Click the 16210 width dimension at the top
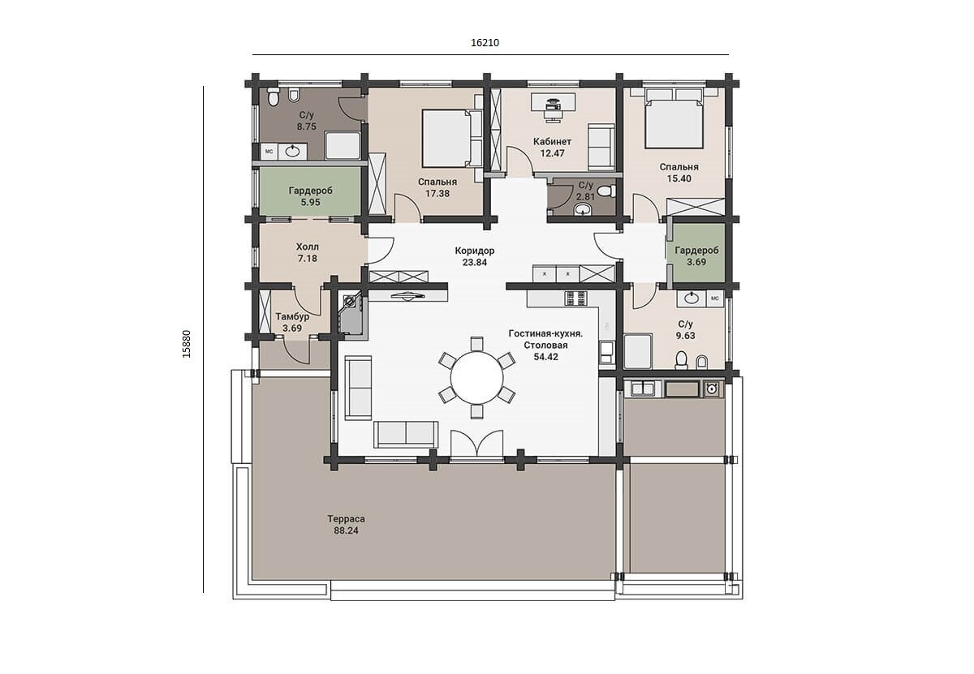pos(485,43)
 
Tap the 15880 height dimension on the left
pos(187,344)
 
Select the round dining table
pos(476,378)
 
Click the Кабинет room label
pos(552,142)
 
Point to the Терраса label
pos(346,519)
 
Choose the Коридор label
pos(474,251)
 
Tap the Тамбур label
pos(292,317)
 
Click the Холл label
pos(308,247)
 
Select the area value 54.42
pos(545,357)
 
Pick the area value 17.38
pos(437,194)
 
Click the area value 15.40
pos(679,178)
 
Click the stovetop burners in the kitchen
pos(575,298)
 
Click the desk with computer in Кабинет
pos(553,105)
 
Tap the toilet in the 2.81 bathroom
pos(606,191)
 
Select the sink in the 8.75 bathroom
pos(292,151)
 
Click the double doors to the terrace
pos(477,443)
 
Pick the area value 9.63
pos(685,336)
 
